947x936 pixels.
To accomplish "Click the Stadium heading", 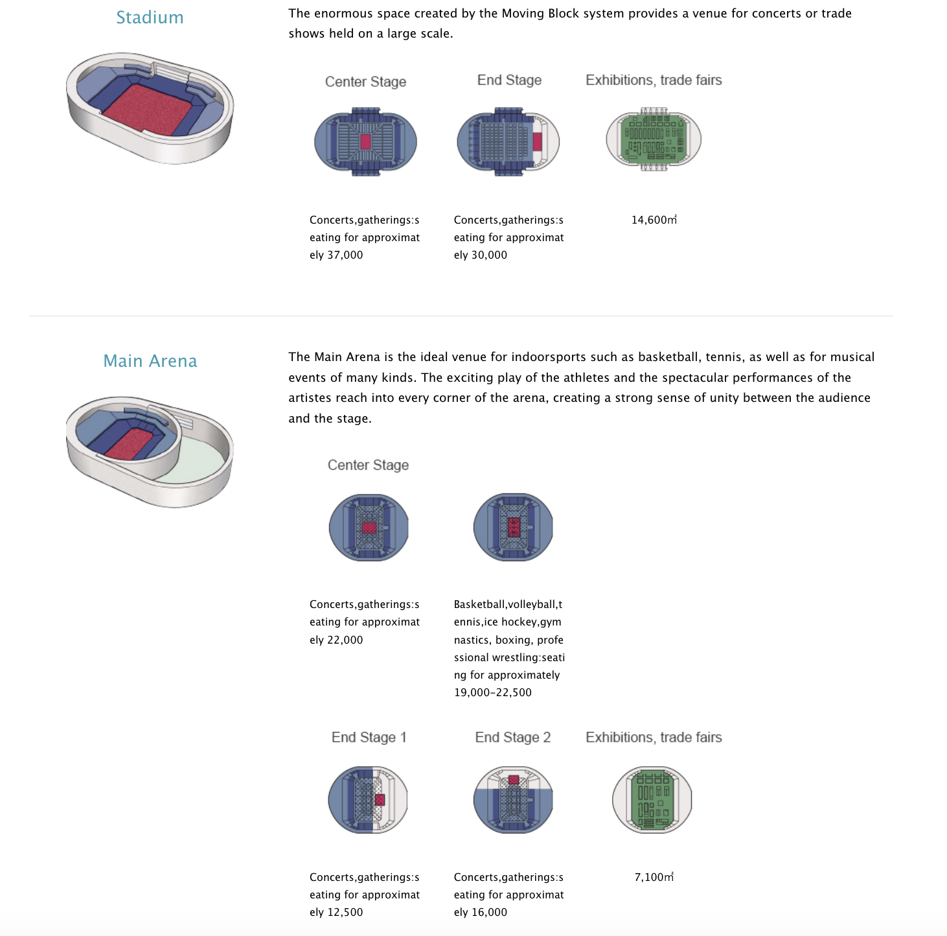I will [150, 18].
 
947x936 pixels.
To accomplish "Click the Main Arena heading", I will [150, 361].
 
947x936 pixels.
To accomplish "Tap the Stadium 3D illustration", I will [150, 108].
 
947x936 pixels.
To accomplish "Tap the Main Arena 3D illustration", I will [150, 451].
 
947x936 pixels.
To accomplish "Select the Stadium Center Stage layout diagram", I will [365, 142].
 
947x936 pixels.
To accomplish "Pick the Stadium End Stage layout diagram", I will [508, 142].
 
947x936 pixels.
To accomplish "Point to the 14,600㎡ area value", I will [654, 220].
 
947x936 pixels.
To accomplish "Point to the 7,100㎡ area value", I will [654, 877].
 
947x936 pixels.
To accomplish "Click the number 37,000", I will [345, 255].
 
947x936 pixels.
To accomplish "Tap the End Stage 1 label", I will [369, 738].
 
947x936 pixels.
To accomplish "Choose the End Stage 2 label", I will [512, 738].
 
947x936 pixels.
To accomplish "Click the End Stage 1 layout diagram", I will [368, 800].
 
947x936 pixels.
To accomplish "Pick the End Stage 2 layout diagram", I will [513, 800].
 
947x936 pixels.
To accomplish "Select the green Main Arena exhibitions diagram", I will [652, 800].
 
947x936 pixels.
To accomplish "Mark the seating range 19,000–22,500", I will [493, 692].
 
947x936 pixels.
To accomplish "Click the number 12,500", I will [345, 912].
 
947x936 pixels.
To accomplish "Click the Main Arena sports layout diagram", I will [513, 527].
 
